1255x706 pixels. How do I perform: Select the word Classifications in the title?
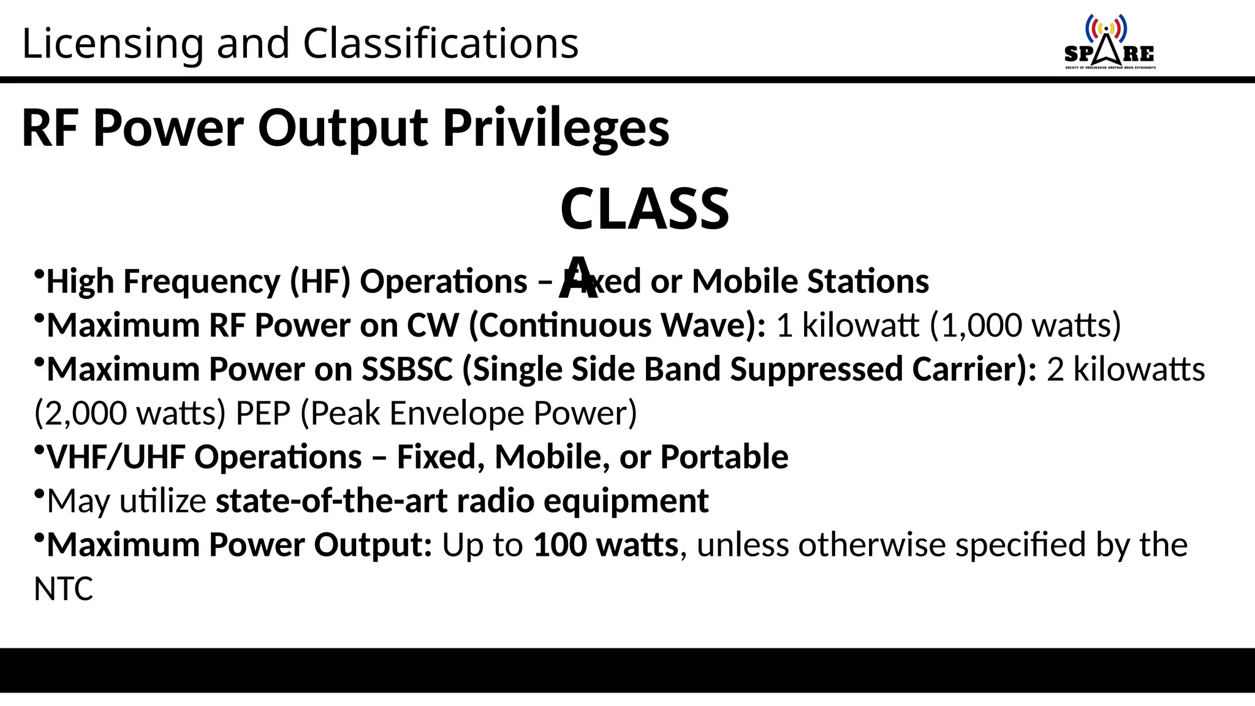(x=441, y=44)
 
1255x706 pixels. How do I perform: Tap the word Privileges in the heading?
(x=556, y=128)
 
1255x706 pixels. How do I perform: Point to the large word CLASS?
(x=645, y=209)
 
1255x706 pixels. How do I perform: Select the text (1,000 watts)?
(x=1025, y=325)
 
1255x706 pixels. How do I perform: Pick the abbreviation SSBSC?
(x=407, y=370)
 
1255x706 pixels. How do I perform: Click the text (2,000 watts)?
(x=130, y=414)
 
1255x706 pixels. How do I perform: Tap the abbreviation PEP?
(x=263, y=414)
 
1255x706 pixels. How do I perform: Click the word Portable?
(x=724, y=457)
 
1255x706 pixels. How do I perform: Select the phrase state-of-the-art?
(x=331, y=501)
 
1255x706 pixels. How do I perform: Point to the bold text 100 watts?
(x=605, y=545)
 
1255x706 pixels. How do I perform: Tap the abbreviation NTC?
(x=63, y=589)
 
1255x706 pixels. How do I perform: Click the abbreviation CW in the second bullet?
(x=433, y=325)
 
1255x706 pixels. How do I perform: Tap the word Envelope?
(x=457, y=414)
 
